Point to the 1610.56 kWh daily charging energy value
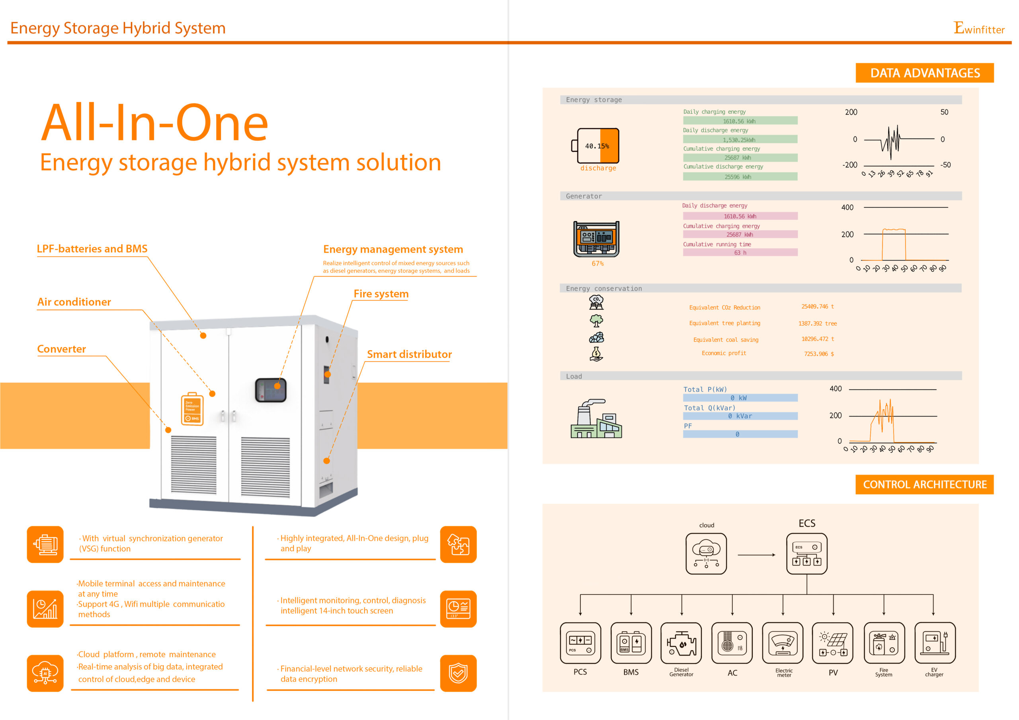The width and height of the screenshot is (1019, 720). [x=740, y=121]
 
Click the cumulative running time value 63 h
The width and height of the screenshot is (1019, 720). [x=740, y=253]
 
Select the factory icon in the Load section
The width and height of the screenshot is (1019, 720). [x=595, y=419]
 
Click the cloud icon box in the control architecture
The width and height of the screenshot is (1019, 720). [x=706, y=554]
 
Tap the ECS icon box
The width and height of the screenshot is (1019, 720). [x=806, y=554]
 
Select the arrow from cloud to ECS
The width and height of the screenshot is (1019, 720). [x=756, y=555]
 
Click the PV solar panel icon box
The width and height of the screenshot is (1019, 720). [x=833, y=643]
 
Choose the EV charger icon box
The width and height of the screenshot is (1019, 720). [x=934, y=643]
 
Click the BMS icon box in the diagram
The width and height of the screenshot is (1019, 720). [x=631, y=643]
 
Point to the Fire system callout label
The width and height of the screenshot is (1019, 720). [x=381, y=294]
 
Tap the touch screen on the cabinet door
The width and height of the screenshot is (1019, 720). [x=270, y=390]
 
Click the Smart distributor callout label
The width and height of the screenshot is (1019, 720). [x=409, y=354]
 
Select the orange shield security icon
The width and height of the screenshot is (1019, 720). [x=458, y=673]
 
